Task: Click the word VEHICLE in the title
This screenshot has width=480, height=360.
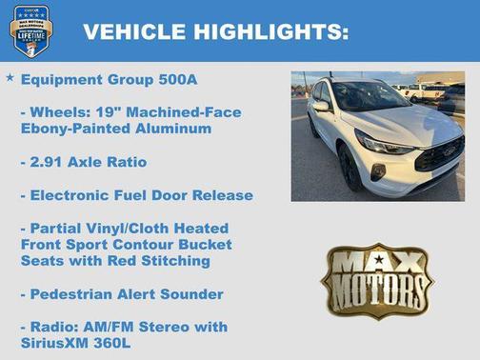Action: coord(131,32)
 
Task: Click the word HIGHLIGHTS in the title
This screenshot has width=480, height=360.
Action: coord(268,32)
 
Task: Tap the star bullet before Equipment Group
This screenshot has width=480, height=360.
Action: coord(10,75)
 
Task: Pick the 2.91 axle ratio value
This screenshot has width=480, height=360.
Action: coord(50,162)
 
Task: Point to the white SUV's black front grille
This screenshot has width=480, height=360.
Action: coord(439,155)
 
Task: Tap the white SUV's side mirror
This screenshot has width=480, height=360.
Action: coord(323,106)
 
